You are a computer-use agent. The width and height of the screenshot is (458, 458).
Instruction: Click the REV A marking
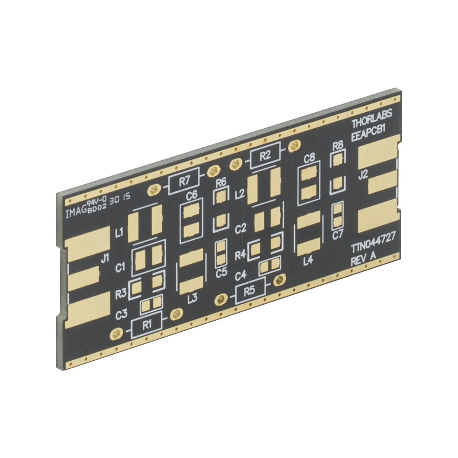click(364, 258)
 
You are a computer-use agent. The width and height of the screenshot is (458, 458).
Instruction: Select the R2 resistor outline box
click(266, 156)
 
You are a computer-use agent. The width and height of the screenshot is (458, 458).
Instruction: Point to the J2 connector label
click(363, 176)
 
